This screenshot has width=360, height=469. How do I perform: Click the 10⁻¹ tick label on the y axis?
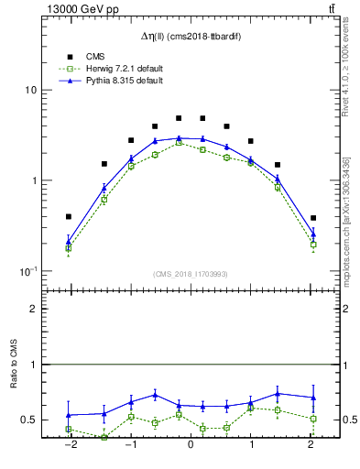(27, 271)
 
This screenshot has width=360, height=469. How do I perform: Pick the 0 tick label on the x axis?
(191, 446)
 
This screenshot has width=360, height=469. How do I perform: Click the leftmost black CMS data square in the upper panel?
(69, 217)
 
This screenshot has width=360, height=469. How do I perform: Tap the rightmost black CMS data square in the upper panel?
(313, 218)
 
